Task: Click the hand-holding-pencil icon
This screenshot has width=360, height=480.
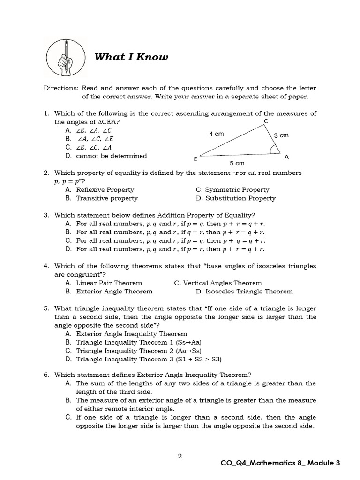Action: click(66, 57)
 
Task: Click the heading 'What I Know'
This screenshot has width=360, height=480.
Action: click(131, 57)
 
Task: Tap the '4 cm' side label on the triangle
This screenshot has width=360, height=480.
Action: click(216, 134)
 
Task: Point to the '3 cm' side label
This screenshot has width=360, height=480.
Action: click(281, 135)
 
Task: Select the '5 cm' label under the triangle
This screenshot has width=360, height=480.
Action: click(237, 164)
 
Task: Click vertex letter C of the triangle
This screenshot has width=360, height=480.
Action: click(266, 122)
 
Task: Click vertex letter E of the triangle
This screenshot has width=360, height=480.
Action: click(195, 159)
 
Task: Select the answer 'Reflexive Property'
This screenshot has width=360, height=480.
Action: click(105, 190)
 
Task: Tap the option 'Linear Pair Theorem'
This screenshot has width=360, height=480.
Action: click(109, 283)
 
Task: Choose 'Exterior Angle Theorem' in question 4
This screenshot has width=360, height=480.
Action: click(114, 292)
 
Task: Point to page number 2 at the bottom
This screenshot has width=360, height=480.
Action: click(180, 455)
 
